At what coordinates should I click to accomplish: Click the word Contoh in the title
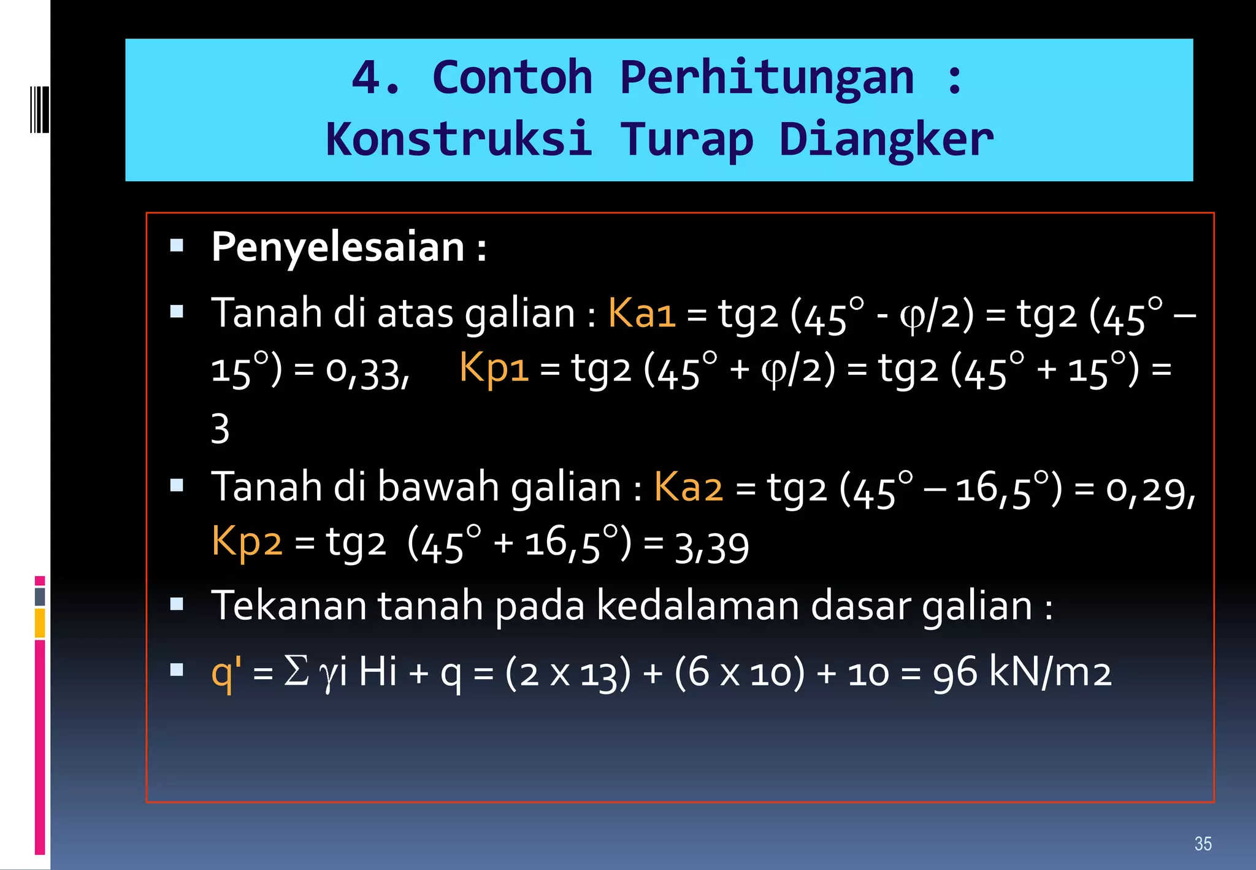512,78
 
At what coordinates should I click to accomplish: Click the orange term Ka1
641,313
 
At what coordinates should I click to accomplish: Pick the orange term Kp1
494,368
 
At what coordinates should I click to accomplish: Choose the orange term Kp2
247,542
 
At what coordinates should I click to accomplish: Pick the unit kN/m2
1050,672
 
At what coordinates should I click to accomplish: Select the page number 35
1203,844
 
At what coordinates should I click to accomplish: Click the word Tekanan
289,606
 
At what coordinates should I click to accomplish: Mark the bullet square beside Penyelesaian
177,247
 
